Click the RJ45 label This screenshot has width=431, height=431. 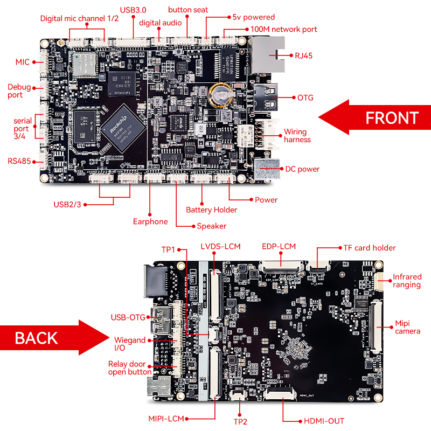(x=304, y=55)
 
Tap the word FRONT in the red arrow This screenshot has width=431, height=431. (x=392, y=117)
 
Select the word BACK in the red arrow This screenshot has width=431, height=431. (x=37, y=338)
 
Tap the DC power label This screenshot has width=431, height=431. (x=301, y=169)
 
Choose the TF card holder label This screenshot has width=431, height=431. (x=370, y=248)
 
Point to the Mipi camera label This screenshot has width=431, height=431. (x=407, y=327)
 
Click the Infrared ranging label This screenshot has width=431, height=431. (x=407, y=281)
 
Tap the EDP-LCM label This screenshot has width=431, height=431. (x=279, y=247)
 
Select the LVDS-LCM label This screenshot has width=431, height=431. (x=220, y=247)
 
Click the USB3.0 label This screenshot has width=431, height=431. (x=133, y=10)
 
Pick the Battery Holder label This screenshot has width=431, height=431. (x=211, y=210)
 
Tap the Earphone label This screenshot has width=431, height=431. (x=150, y=221)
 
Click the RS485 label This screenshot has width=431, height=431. (x=19, y=161)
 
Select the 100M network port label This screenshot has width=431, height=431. (x=283, y=29)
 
